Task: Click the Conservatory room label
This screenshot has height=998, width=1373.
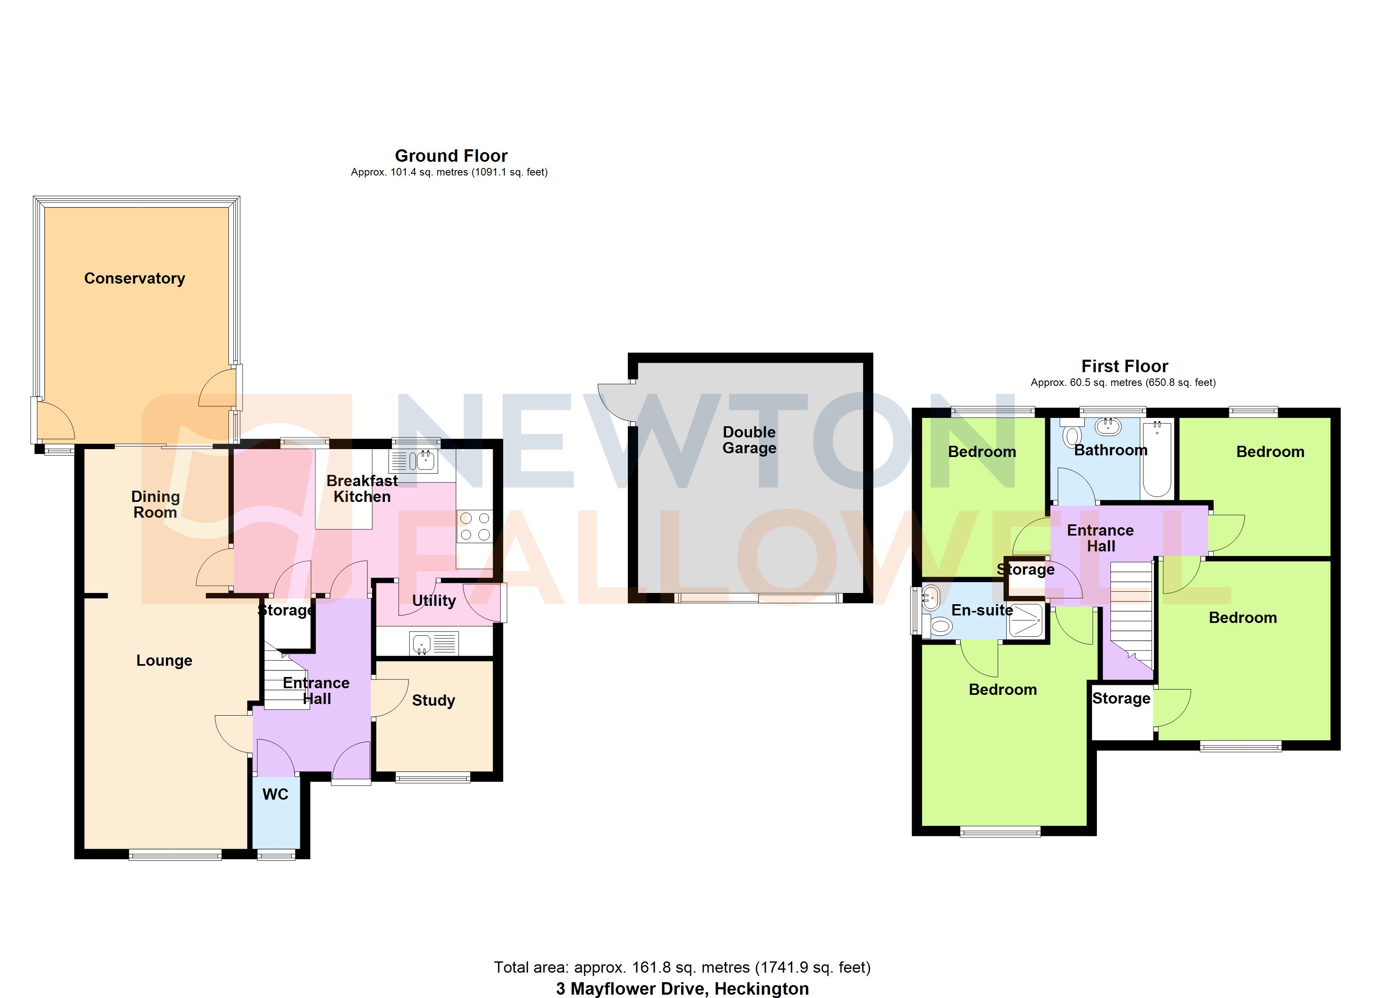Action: (x=134, y=278)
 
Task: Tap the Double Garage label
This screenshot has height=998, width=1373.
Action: (x=749, y=440)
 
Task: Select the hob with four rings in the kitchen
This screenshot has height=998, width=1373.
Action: (x=475, y=526)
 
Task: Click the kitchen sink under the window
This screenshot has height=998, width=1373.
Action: (x=421, y=461)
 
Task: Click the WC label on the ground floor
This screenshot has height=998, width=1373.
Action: (x=275, y=795)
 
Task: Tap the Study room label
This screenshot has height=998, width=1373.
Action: (x=434, y=700)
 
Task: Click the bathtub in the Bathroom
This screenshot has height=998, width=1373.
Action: (x=1157, y=460)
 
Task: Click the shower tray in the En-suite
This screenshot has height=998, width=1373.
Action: (x=1026, y=620)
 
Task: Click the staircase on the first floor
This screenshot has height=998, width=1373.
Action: (x=1131, y=611)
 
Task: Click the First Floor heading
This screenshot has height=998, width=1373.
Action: (x=1124, y=366)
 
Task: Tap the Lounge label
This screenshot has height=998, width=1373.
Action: (x=164, y=660)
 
